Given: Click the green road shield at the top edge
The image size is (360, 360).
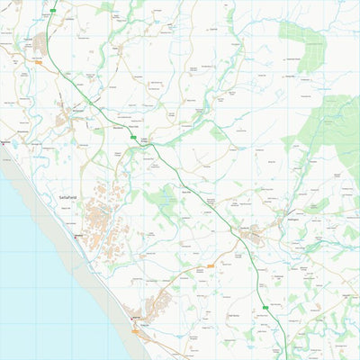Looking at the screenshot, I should coord(53,11).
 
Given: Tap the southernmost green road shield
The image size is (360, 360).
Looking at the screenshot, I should coord(266,308).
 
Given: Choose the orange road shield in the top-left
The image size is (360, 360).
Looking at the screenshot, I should coord(39,62).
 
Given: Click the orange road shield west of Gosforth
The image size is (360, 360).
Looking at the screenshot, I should coord(211,265).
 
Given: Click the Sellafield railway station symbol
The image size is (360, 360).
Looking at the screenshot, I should coord(77,231).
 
